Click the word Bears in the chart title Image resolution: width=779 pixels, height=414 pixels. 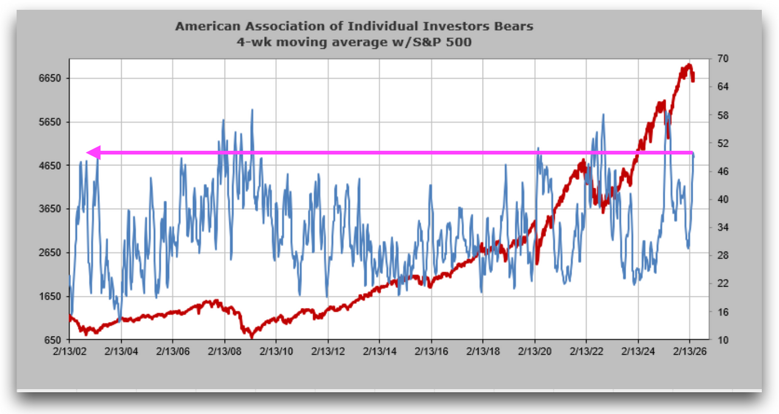514,26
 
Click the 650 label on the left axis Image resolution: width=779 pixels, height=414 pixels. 52,340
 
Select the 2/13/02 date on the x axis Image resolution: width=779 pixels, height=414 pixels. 70,353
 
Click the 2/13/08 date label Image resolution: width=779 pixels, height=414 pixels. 225,353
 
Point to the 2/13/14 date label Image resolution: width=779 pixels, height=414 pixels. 380,353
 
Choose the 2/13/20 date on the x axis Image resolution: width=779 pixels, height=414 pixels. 535,353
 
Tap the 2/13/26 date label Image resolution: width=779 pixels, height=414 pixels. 690,353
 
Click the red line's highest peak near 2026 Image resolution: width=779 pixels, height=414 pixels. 689,65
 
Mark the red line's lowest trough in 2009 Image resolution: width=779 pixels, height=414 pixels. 251,336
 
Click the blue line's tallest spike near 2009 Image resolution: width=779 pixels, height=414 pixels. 252,110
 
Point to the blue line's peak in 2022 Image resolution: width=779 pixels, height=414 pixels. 603,114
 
